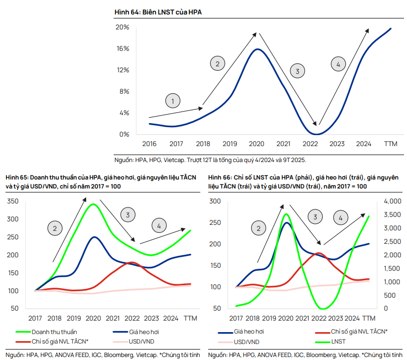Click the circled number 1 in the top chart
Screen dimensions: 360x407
point(173,101)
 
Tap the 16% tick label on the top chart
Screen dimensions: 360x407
point(123,49)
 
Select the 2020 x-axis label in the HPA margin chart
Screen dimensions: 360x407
point(256,144)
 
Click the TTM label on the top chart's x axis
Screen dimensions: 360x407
point(390,144)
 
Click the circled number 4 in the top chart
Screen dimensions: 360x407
point(338,64)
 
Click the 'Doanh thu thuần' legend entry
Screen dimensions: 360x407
point(54,332)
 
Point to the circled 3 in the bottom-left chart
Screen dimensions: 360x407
point(128,215)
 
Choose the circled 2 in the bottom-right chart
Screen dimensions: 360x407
point(259,228)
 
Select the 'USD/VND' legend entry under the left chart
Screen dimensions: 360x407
point(141,341)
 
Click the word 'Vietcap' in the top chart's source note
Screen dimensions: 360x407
point(175,160)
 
